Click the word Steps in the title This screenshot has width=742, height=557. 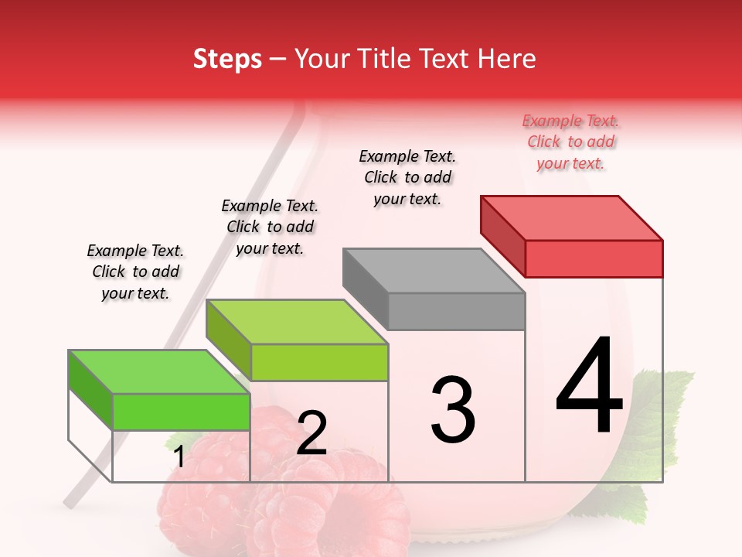click(x=227, y=59)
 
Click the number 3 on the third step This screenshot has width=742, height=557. click(x=453, y=410)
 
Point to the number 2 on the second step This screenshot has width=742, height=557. click(x=311, y=433)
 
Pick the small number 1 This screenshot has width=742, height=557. click(x=179, y=457)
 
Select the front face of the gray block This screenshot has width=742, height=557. click(x=456, y=312)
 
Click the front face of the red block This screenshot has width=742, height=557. click(x=594, y=258)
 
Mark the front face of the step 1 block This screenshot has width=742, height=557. click(x=181, y=412)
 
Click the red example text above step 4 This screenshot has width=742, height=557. click(x=571, y=142)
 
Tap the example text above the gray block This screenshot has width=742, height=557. click(x=407, y=177)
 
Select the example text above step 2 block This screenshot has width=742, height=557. click(x=270, y=227)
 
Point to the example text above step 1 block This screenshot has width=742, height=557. click(x=135, y=272)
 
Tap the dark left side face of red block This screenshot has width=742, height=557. click(x=502, y=236)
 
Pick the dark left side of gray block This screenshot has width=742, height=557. click(x=365, y=286)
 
